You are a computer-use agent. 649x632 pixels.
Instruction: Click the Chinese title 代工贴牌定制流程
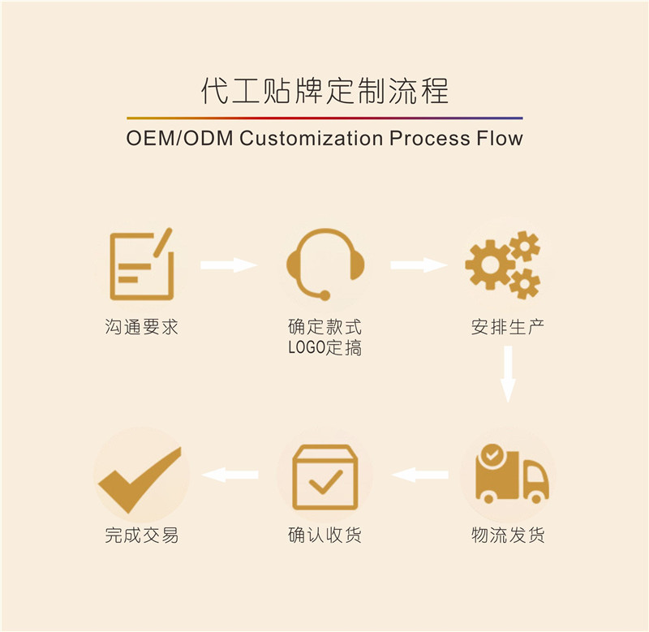click(x=324, y=91)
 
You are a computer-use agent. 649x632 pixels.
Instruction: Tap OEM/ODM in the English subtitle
click(x=178, y=138)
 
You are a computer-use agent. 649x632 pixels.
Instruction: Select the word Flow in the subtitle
click(x=497, y=138)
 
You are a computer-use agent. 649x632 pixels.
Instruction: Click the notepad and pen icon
click(x=142, y=264)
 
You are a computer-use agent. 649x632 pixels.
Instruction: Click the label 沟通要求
click(x=141, y=328)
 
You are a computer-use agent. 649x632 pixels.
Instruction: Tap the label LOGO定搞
click(x=324, y=349)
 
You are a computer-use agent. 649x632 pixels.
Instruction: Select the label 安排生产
click(x=508, y=328)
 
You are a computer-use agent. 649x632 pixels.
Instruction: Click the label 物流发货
click(x=508, y=535)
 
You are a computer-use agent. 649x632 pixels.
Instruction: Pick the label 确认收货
click(x=324, y=535)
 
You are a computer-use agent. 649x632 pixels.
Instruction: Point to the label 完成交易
click(x=141, y=535)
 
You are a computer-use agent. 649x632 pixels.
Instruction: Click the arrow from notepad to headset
click(x=229, y=264)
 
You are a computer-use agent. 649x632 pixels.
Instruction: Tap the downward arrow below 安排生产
click(x=508, y=373)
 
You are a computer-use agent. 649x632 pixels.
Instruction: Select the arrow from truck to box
click(x=419, y=475)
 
